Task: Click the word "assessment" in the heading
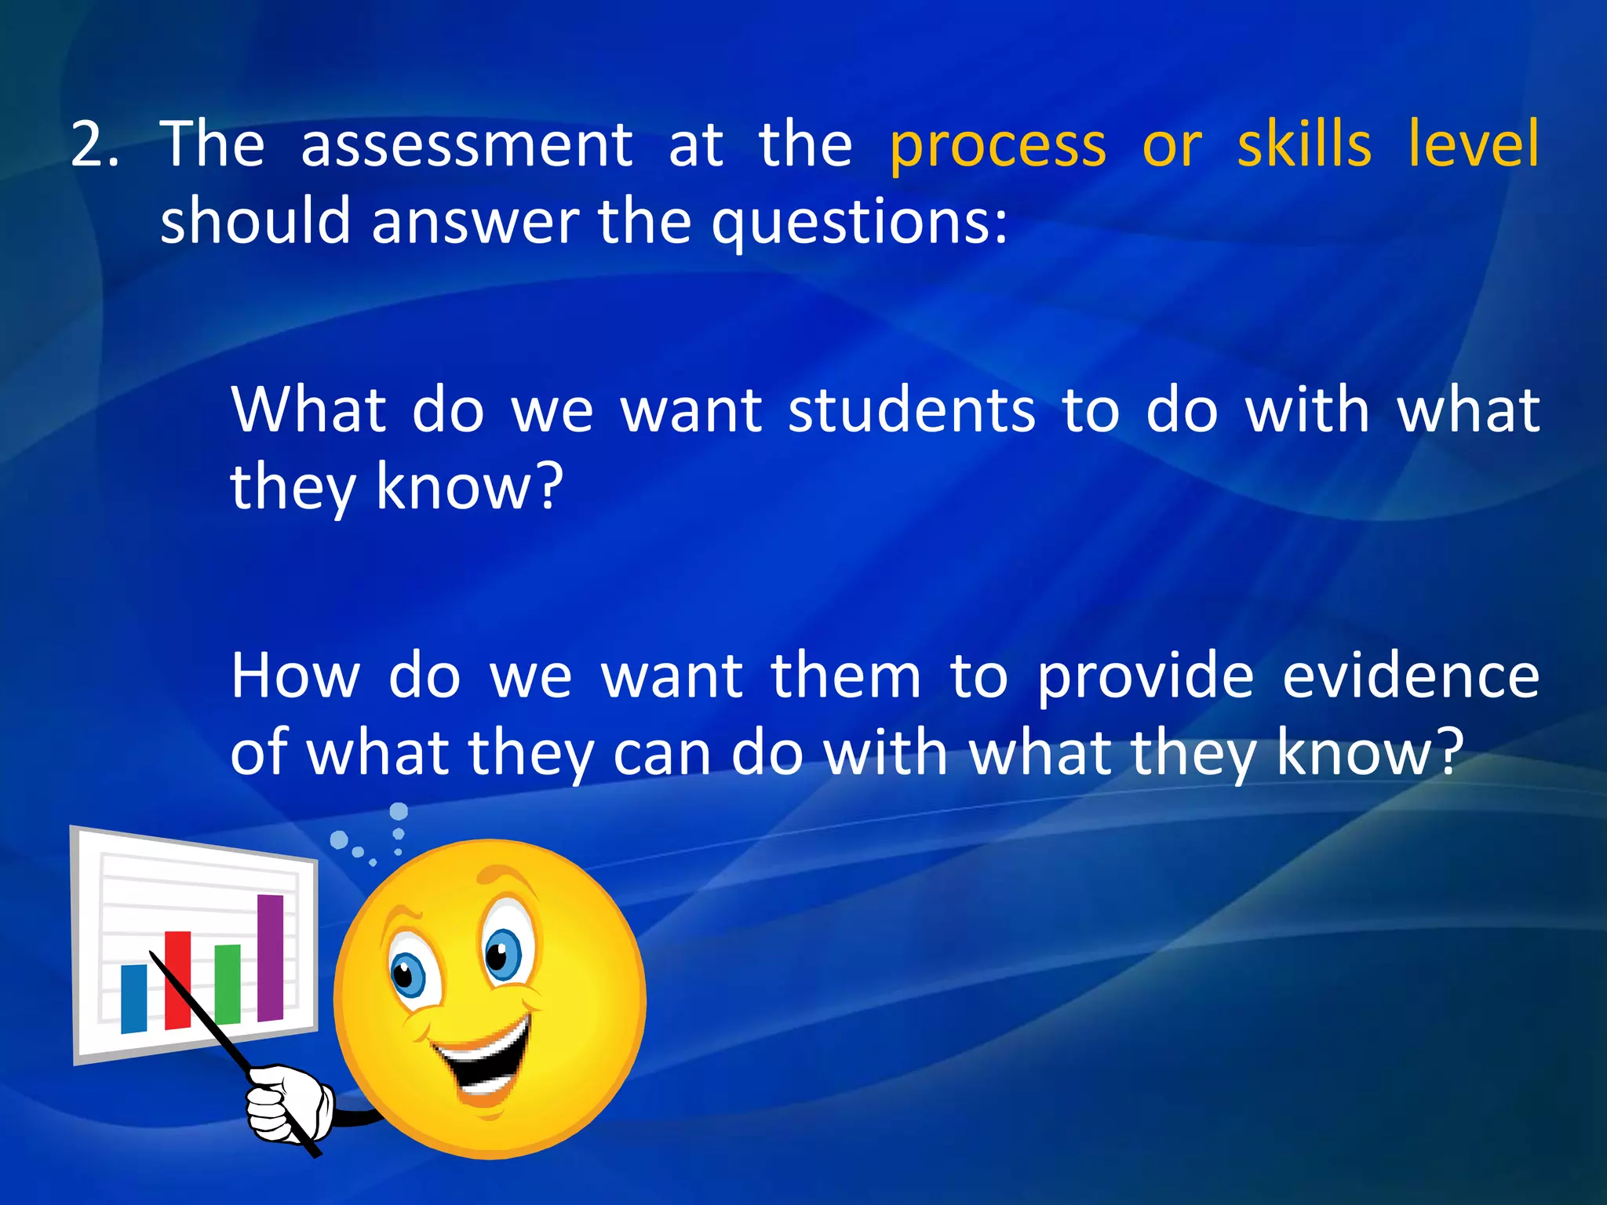coord(467,146)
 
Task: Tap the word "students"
coord(912,410)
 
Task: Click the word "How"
coord(295,675)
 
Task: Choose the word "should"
coord(255,221)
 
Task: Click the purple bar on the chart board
coord(270,957)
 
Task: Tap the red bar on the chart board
coord(177,980)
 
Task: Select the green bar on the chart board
coord(227,984)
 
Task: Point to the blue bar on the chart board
coord(133,998)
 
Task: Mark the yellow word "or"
coord(1172,146)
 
